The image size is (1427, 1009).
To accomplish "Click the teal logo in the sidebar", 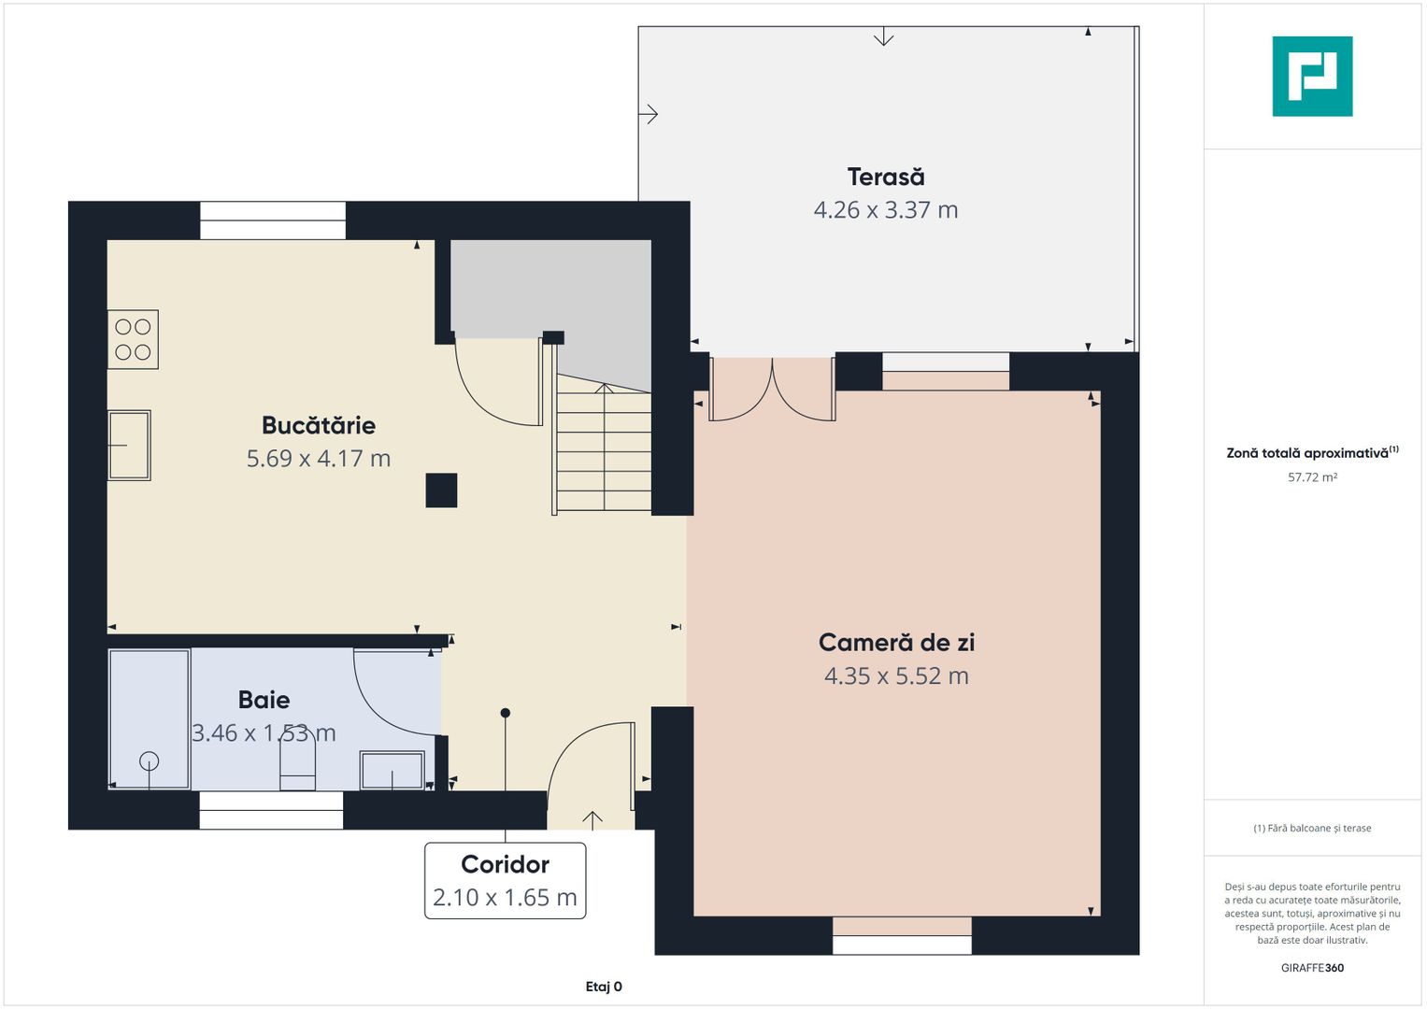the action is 1312,77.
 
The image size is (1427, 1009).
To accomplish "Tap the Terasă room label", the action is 886,177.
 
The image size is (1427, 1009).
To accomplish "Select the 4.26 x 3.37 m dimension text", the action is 886,209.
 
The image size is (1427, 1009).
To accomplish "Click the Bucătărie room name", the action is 319,425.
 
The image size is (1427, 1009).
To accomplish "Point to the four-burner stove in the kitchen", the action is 133,339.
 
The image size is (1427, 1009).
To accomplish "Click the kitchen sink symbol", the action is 129,445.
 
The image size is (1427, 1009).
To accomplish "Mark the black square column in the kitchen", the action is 441,490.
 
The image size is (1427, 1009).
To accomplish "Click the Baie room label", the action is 264,700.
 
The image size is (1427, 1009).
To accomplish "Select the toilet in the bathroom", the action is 297,764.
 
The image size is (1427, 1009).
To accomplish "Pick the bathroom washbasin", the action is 392,770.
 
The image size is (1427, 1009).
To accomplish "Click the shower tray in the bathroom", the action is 150,718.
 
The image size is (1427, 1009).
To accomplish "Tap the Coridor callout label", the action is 505,864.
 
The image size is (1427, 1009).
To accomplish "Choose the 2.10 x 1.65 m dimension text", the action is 505,897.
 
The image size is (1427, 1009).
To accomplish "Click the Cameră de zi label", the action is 896,642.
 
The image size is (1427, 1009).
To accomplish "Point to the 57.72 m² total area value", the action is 1312,477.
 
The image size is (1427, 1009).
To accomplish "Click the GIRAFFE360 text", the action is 1312,968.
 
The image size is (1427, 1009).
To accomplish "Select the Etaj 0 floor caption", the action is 604,987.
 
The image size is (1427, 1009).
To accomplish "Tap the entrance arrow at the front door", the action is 592,820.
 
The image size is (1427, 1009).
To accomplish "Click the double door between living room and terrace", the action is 772,390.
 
